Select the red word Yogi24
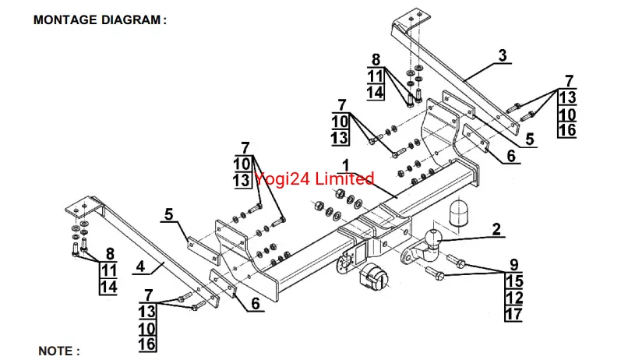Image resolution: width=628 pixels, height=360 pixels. tap(280, 178)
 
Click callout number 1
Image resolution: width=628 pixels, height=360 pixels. tap(344, 166)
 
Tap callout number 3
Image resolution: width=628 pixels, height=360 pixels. tap(503, 55)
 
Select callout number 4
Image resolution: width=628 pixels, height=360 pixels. tap(140, 266)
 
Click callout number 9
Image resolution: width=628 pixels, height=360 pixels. tap(514, 263)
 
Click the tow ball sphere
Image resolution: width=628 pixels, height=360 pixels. tap(433, 237)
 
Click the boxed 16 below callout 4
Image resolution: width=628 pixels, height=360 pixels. tap(146, 343)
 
